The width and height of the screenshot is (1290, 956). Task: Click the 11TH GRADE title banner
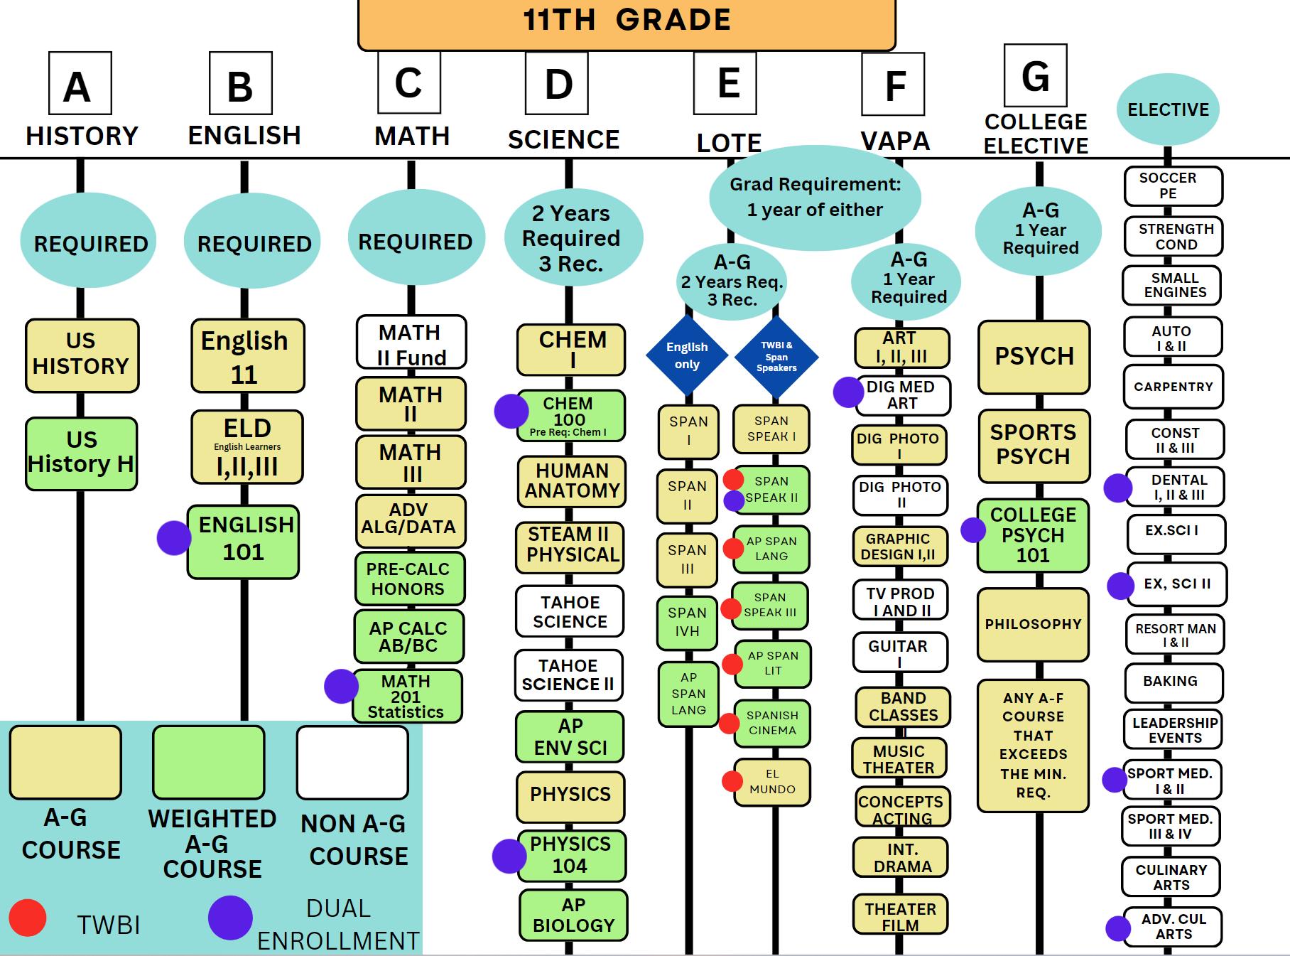point(627,21)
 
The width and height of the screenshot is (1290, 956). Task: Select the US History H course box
point(81,453)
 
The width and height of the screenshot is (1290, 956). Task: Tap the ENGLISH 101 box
point(244,541)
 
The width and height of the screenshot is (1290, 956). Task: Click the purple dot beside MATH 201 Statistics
point(341,686)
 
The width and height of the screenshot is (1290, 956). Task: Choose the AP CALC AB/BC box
point(408,636)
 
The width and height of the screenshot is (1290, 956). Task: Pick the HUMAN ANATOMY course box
point(572,481)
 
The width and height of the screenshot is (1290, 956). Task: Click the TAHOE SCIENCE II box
point(569,675)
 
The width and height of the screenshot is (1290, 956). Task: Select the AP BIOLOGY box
point(573,915)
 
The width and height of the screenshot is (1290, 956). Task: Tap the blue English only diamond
point(687,355)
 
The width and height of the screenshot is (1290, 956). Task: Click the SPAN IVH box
point(687,623)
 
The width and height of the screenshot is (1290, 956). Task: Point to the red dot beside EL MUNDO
point(732,781)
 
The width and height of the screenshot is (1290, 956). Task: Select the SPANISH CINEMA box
point(772,723)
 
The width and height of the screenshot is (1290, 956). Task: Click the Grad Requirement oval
point(815,197)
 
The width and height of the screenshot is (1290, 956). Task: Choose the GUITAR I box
point(899,652)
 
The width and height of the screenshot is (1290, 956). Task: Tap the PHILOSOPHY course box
point(1033,624)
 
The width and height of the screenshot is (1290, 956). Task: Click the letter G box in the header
point(1035,75)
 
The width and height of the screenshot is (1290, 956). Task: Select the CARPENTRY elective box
point(1174,387)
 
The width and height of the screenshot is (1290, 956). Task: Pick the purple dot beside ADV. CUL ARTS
point(1118,928)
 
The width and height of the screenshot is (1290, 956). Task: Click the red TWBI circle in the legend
point(28,917)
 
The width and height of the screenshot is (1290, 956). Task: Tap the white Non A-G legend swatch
point(352,762)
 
